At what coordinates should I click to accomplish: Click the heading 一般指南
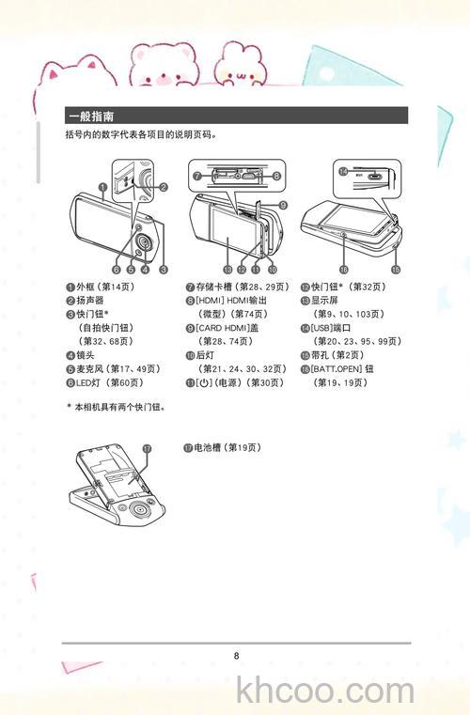(91, 117)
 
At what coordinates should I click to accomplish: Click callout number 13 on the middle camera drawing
(227, 269)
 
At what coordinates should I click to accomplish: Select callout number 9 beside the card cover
(283, 204)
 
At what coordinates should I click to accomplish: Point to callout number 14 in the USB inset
(343, 171)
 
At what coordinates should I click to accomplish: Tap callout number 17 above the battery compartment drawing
(148, 449)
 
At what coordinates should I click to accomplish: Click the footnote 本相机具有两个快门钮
(121, 433)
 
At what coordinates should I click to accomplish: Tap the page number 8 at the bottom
(237, 655)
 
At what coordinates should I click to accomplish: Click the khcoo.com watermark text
(325, 692)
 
